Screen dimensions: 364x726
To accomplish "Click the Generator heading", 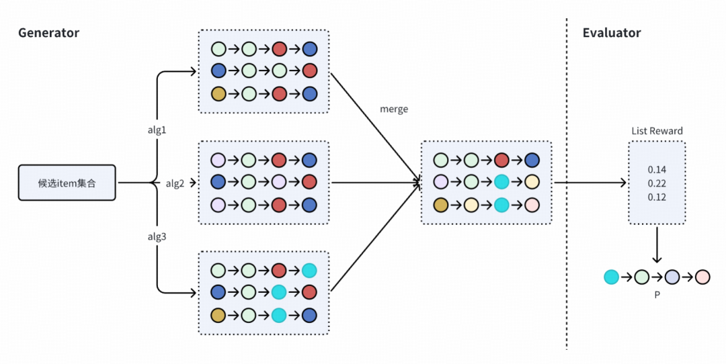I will [x=48, y=33].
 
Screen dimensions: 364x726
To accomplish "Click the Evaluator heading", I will [x=612, y=33].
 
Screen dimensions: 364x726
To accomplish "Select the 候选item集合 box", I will [x=67, y=183].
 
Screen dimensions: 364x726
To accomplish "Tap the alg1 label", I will [x=157, y=130].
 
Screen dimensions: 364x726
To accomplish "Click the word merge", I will [x=394, y=109].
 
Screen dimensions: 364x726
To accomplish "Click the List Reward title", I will [x=657, y=131].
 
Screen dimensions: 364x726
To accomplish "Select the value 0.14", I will [x=657, y=169].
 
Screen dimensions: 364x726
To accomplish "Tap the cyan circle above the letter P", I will [x=611, y=277].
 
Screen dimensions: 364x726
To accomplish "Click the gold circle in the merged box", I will [x=441, y=206].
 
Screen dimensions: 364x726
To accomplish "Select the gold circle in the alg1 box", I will [x=218, y=93].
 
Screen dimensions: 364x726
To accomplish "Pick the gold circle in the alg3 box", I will [x=218, y=315].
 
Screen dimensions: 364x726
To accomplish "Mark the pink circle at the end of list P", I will [x=702, y=277].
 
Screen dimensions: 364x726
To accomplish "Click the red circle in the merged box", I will [x=501, y=161].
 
